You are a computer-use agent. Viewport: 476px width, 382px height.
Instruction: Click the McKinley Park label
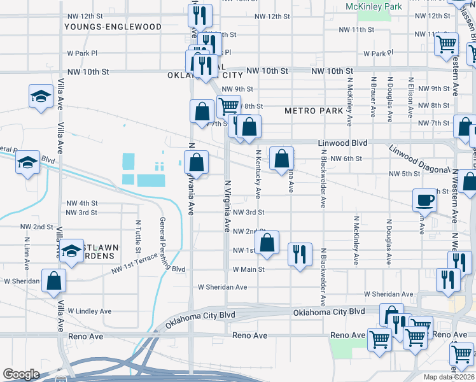pos(374,6)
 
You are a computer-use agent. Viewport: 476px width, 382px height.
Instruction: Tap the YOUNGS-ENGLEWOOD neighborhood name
pos(113,27)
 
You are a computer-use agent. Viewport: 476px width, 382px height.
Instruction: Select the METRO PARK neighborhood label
pos(314,110)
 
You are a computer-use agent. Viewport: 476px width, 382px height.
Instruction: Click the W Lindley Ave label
pos(90,311)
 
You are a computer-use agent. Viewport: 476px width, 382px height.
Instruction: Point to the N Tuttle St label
pos(137,234)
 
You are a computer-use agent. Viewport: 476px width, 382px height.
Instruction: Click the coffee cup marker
pos(425,200)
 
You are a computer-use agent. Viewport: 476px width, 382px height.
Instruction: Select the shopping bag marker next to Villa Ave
pos(54,280)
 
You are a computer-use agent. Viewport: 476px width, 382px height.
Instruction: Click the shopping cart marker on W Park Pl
pos(447,45)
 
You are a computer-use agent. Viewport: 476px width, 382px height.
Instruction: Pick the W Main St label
pos(248,269)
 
